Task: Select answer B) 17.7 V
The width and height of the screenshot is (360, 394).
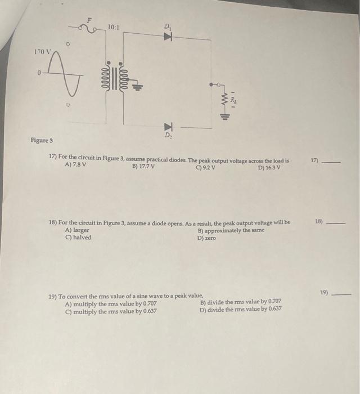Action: click(143, 166)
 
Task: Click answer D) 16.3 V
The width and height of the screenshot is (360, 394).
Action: click(269, 167)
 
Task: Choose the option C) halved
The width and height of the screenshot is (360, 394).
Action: click(78, 237)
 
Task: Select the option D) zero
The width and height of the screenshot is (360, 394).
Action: click(206, 238)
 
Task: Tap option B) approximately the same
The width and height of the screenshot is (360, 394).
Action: click(231, 230)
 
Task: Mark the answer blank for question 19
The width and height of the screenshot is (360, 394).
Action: click(341, 294)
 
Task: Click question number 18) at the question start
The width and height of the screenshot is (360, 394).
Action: click(53, 223)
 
